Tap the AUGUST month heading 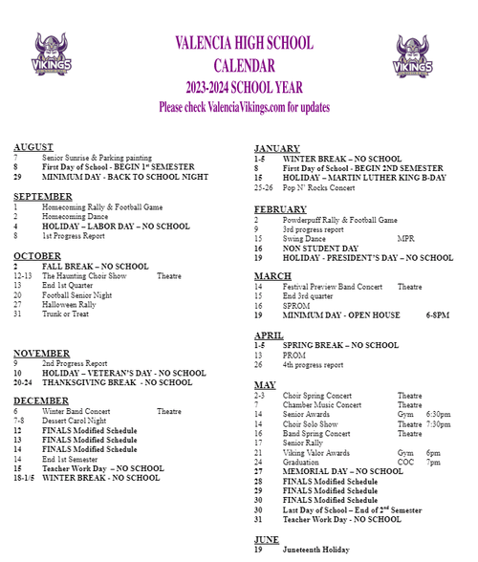33,146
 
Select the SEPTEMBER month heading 43,196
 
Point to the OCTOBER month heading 37,255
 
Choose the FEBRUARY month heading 280,209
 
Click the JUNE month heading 267,539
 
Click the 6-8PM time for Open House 438,315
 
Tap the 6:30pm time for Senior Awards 439,414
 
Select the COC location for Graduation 406,462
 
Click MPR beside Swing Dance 405,238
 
